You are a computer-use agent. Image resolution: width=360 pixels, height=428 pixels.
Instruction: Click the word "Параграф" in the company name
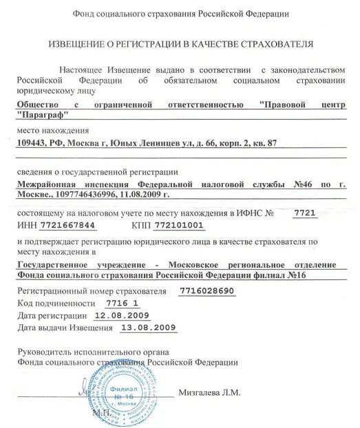[41, 116]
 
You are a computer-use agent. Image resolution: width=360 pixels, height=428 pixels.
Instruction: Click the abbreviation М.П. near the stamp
[98, 415]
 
